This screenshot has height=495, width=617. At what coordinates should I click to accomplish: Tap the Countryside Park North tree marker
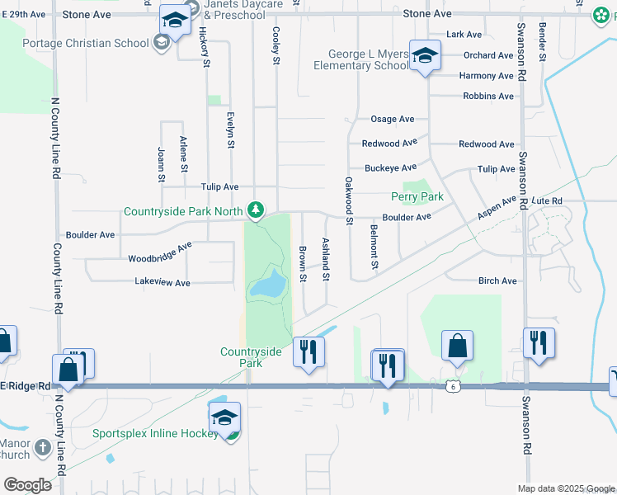[257, 211]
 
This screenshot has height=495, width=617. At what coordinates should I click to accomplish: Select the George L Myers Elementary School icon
[425, 56]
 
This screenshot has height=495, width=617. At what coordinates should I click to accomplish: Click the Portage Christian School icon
[162, 43]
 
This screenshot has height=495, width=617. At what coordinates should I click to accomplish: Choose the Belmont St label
[374, 247]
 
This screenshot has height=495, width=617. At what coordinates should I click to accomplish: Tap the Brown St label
[303, 263]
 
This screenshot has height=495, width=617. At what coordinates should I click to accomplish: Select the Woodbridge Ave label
[160, 252]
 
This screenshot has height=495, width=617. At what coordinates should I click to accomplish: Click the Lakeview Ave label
[162, 283]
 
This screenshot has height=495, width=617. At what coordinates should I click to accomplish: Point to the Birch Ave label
[497, 281]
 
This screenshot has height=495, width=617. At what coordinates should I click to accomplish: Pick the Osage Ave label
[392, 120]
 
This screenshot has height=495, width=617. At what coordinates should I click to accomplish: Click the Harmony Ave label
[487, 76]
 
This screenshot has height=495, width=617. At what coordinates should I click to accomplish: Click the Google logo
[27, 485]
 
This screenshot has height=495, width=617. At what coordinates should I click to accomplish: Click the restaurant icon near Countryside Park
[309, 352]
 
